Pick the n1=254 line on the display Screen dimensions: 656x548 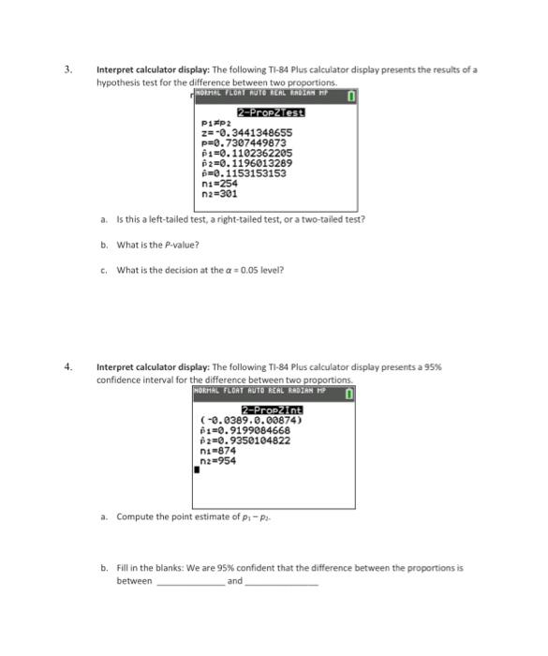pos(219,184)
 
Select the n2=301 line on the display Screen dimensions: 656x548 pos(219,194)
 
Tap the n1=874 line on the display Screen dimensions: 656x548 pos(219,451)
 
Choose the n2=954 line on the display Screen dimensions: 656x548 pos(219,461)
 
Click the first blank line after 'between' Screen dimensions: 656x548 pos(190,583)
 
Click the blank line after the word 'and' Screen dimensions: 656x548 pos(281,583)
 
